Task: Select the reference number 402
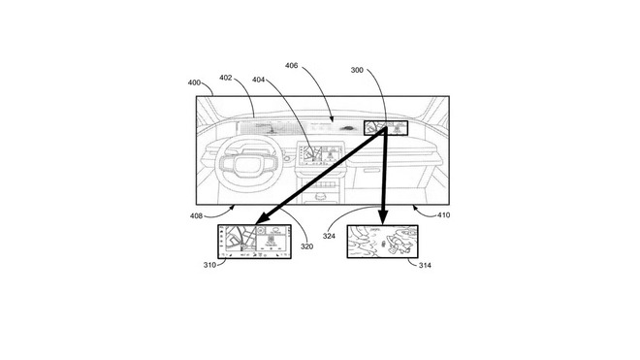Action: point(226,77)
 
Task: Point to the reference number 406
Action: point(293,66)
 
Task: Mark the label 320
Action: point(306,246)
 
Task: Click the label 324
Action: point(329,235)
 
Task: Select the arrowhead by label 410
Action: point(413,207)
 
